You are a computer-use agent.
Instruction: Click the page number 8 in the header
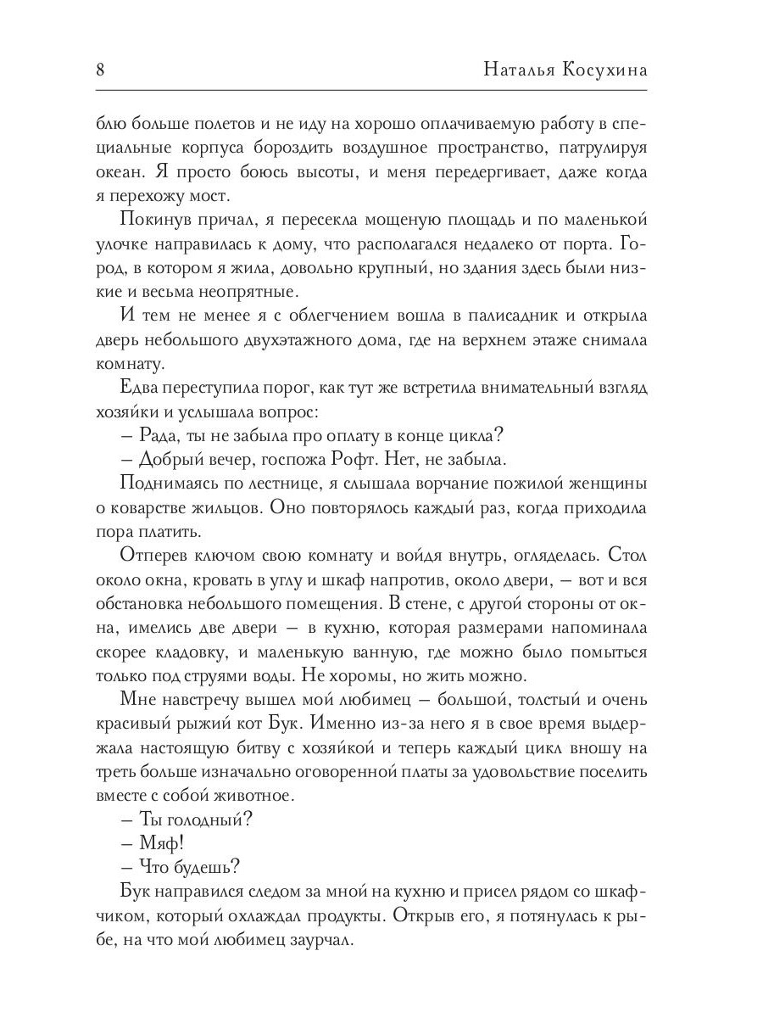(x=100, y=70)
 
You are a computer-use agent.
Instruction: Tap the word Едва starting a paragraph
(x=144, y=388)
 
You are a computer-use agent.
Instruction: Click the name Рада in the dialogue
(x=154, y=436)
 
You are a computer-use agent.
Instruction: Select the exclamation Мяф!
(x=161, y=844)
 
